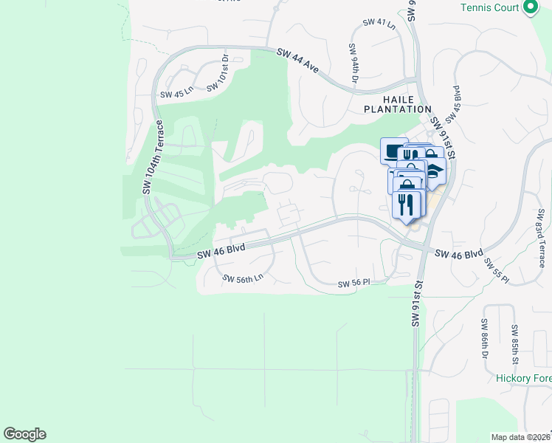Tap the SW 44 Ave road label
[298, 61]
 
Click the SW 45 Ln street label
[176, 95]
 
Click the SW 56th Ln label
[243, 278]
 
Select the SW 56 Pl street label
[353, 284]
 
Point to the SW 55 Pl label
[497, 270]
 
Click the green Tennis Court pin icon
[529, 8]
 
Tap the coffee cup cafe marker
[393, 151]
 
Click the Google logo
[24, 434]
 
